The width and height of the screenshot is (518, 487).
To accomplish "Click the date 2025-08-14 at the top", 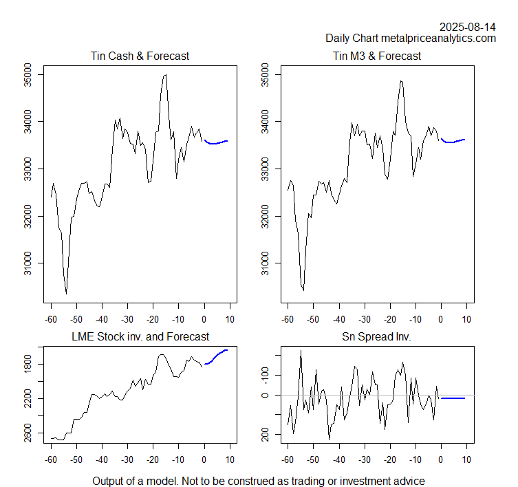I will click(x=468, y=27).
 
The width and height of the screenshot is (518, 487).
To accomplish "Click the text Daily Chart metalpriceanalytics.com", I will click(x=411, y=39).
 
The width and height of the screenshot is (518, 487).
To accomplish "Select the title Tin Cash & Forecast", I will click(x=140, y=56).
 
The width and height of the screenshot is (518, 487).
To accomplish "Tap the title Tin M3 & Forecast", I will click(x=376, y=56).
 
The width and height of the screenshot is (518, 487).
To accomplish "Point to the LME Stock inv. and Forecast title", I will click(x=140, y=337).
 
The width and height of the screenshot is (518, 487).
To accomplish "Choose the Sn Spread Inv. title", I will click(x=376, y=337).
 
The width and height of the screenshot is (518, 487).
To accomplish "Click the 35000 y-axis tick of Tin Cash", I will click(x=27, y=74).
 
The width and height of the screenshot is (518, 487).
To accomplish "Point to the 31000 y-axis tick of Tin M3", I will click(x=264, y=263).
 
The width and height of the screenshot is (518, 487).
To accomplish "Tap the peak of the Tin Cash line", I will click(x=165, y=74).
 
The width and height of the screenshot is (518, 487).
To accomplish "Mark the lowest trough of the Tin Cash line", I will click(x=66, y=294).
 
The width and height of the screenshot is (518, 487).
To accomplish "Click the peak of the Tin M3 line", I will click(x=401, y=80).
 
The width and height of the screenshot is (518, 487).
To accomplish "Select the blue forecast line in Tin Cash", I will click(x=216, y=143).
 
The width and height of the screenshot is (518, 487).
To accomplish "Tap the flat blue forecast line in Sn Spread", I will click(x=453, y=398).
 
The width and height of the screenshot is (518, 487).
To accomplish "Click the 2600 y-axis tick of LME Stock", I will click(x=27, y=435).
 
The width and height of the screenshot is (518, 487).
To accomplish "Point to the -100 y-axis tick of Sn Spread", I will click(x=264, y=375).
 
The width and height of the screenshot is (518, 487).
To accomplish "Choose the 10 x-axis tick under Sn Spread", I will click(x=466, y=459).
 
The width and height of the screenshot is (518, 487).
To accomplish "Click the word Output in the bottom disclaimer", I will click(x=109, y=481).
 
